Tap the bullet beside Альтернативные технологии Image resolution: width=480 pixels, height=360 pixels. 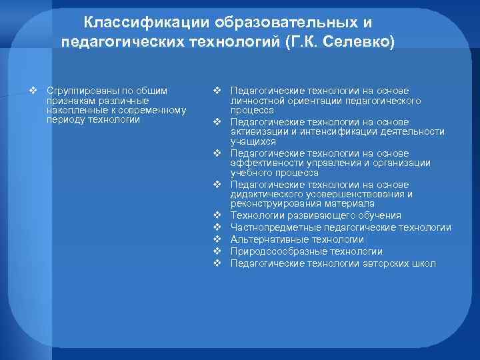[x=217, y=239]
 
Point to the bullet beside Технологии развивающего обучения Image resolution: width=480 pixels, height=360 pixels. [x=217, y=215]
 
